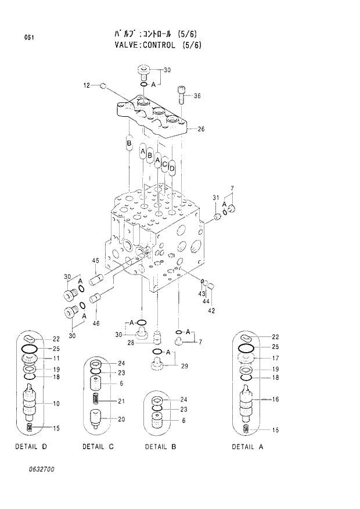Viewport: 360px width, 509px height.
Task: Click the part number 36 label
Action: [x=197, y=96]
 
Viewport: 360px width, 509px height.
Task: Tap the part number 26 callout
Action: [x=201, y=129]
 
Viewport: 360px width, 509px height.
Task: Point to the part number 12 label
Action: [x=87, y=86]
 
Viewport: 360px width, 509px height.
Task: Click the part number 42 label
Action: [x=211, y=310]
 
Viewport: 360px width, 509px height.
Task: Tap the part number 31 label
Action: [x=215, y=198]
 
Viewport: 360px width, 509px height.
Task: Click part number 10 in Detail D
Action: [x=56, y=403]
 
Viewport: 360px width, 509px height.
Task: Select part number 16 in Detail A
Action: [x=275, y=399]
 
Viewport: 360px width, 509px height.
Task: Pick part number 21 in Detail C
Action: [x=121, y=401]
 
